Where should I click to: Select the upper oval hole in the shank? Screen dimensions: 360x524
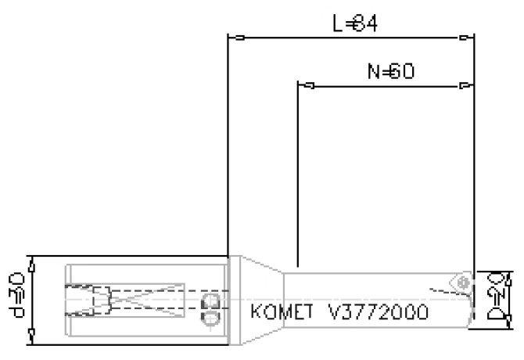(x=209, y=301)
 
